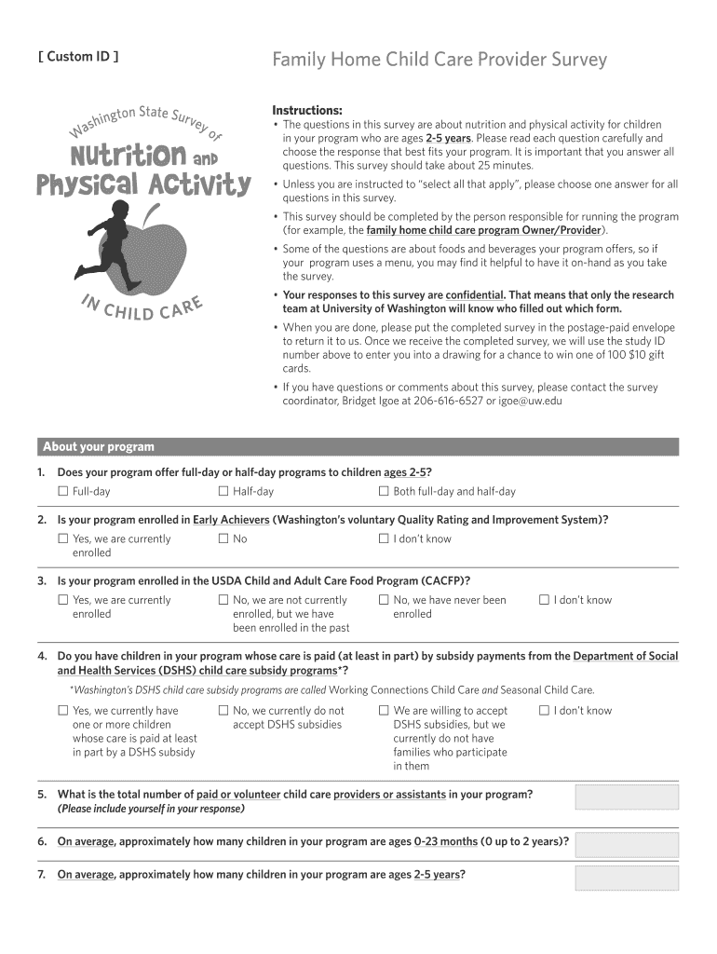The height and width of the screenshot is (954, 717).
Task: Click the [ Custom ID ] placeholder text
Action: [78, 57]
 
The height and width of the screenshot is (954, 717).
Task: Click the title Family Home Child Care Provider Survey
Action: [439, 60]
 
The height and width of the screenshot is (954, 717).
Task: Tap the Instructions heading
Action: [306, 110]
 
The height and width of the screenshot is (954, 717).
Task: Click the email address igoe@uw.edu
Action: [531, 401]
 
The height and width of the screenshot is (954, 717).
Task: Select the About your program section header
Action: [99, 447]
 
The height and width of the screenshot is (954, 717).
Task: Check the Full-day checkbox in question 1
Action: [63, 491]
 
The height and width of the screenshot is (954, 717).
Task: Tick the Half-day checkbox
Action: [223, 491]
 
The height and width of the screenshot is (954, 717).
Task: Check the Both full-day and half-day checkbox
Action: [384, 491]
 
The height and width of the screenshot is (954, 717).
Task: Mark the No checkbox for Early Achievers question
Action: [223, 538]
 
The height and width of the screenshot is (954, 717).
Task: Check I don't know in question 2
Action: [384, 538]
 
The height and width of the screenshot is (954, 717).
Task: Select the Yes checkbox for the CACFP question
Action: [63, 600]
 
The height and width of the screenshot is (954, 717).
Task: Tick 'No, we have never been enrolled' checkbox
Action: [384, 600]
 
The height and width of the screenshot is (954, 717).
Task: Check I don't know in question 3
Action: [544, 600]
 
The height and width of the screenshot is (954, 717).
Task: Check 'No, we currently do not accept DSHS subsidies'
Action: [223, 710]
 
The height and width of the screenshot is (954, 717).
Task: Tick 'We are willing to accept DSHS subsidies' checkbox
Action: [384, 710]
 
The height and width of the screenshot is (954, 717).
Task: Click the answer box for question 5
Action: [626, 797]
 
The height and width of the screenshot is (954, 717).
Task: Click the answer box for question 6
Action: [626, 844]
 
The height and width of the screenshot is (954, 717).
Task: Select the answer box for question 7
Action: [626, 878]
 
